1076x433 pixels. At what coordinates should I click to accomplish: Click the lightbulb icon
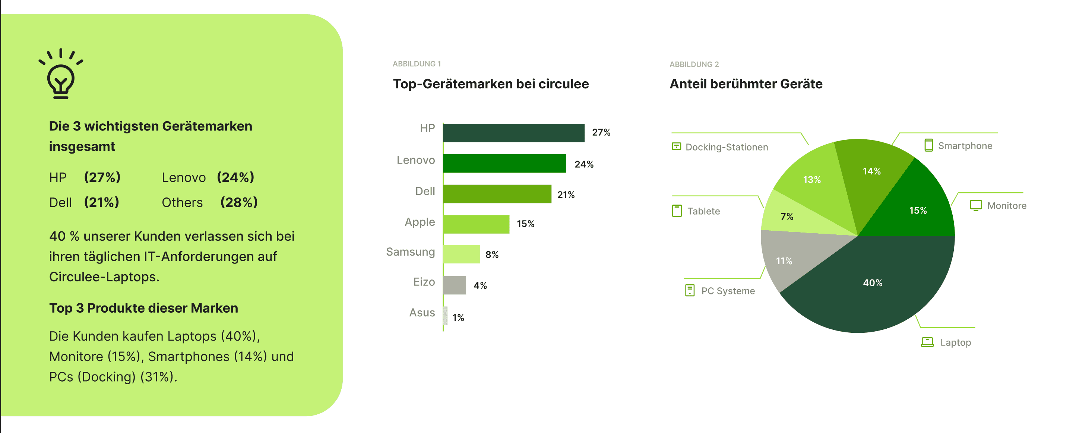61,75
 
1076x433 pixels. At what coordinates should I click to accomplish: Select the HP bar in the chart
513,133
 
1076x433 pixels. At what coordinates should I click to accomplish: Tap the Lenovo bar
504,164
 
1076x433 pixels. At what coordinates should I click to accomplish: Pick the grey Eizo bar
455,285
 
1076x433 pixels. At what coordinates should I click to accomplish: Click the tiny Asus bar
445,316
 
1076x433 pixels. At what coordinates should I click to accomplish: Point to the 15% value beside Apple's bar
525,224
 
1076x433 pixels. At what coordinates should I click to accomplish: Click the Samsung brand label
410,252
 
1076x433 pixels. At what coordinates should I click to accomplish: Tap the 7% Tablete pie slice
789,217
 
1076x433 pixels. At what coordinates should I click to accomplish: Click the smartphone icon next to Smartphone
928,145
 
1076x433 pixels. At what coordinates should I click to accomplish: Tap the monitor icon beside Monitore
976,205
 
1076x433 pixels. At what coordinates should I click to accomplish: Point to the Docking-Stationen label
727,147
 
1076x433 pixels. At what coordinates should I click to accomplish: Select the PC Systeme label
728,291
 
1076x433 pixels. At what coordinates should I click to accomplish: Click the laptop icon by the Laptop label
927,342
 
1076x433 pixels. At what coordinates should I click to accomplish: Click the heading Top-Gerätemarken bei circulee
490,84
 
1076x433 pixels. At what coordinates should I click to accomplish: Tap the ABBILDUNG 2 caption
694,64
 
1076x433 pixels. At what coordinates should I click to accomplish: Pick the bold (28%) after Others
239,203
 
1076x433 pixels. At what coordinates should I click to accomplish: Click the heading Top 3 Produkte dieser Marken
143,308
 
